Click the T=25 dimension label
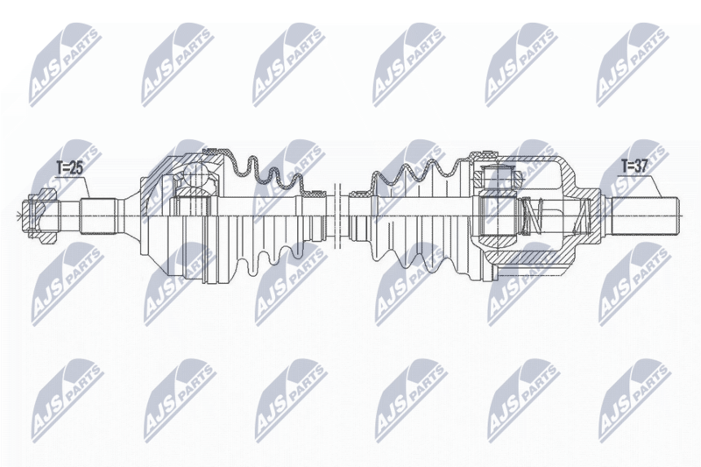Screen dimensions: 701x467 (x=69, y=168)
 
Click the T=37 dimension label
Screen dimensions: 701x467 (x=634, y=166)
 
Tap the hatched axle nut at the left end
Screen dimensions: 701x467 (x=41, y=216)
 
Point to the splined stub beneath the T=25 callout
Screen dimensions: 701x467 (x=98, y=216)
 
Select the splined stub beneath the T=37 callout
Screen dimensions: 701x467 (x=644, y=216)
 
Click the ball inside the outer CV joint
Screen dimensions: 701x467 (x=196, y=176)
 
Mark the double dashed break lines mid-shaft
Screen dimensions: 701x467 (x=337, y=216)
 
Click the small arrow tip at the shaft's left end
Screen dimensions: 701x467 (x=18, y=216)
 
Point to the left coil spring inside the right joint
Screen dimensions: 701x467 (x=533, y=216)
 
